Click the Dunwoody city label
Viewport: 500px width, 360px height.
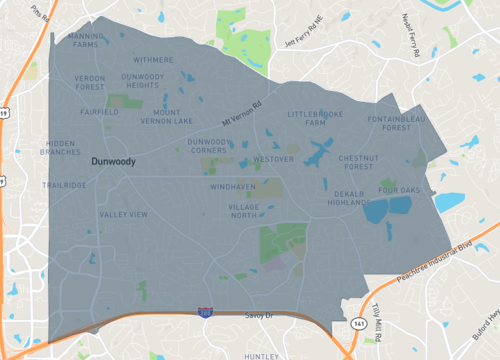(x=112, y=160)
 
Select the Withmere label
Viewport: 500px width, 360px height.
(x=153, y=60)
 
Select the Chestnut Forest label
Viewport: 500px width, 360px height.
(x=358, y=162)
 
